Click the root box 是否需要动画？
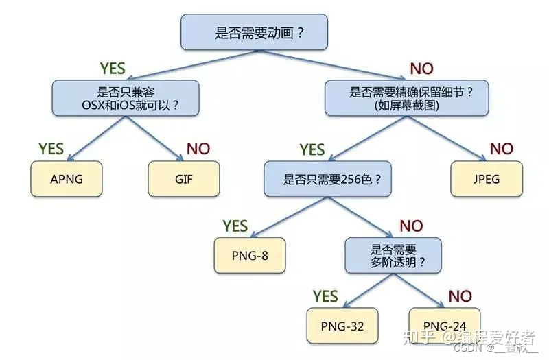254,32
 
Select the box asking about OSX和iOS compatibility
126,97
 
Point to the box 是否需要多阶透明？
397,255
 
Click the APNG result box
67,180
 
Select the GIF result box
183,180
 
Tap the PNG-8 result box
249,255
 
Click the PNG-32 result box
342,326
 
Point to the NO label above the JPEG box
501,148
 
